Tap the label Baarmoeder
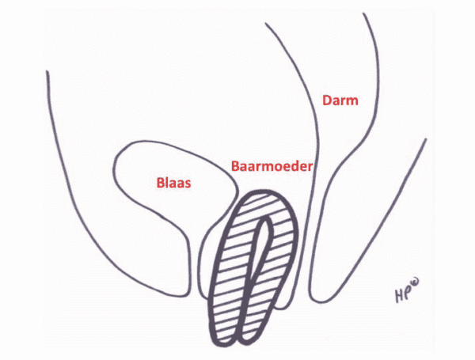pos(272,167)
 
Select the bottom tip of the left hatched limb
pos(226,339)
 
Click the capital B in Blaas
pos(158,182)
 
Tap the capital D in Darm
pos(325,100)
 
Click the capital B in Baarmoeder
pos(235,167)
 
